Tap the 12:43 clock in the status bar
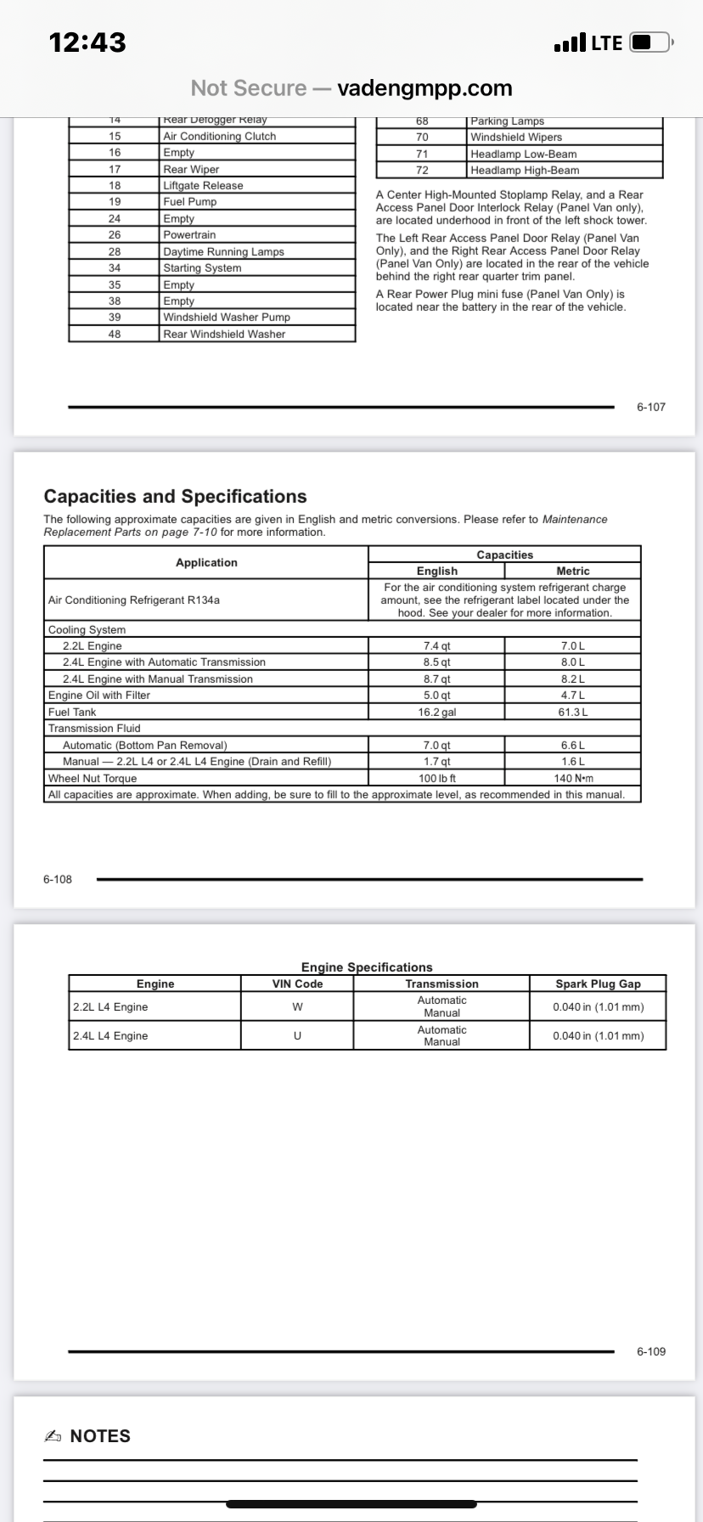pos(87,42)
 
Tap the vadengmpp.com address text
pos(425,88)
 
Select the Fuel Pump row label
pos(190,202)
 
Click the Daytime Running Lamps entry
pos(223,252)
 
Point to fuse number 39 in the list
pos(115,318)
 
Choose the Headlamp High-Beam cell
pos(525,171)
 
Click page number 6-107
pos(651,407)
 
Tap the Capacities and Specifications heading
pos(175,497)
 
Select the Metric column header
pos(572,572)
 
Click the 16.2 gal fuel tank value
pos(436,713)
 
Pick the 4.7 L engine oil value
pos(572,696)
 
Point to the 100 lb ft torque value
pos(436,779)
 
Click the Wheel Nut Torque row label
pos(93,779)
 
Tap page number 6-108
pos(58,879)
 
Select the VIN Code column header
pos(297,984)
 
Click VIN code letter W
pos(297,1007)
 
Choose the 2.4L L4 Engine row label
pos(110,1036)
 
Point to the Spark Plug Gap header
pos(598,984)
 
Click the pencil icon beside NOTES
pos(53,1436)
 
